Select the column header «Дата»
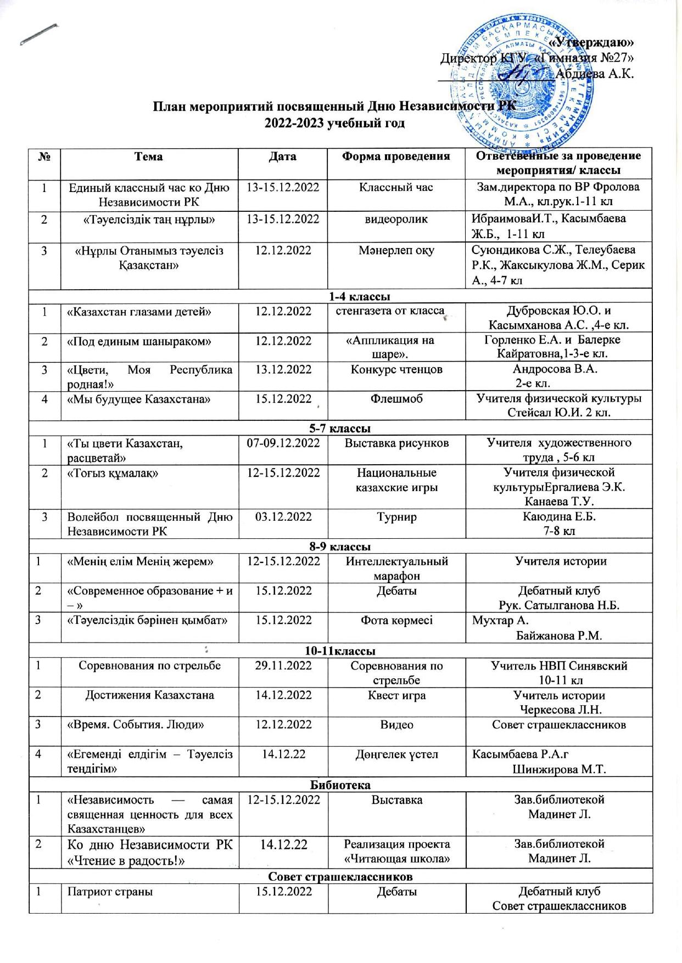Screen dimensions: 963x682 [x=283, y=156]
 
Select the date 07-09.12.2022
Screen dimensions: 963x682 [x=283, y=442]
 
